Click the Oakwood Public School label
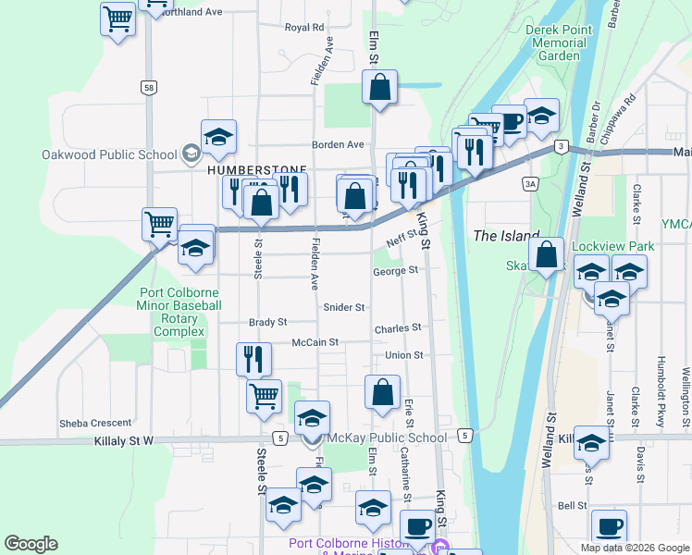[109, 154]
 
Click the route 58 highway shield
[148, 88]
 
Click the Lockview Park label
[613, 246]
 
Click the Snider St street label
[344, 307]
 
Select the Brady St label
[268, 323]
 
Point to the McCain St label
[315, 342]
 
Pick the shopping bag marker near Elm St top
[379, 90]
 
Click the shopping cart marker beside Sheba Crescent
[264, 395]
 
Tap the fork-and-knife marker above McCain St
[253, 358]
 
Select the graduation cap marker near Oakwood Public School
[218, 138]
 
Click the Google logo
[31, 544]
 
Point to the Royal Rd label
[304, 28]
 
